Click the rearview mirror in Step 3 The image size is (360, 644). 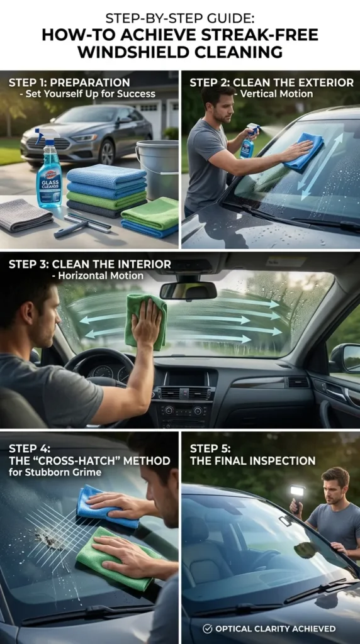point(188,291)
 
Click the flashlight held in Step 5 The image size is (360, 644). point(297,491)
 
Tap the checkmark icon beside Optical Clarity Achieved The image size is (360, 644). point(207,628)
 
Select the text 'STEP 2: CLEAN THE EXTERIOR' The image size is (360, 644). point(271,82)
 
